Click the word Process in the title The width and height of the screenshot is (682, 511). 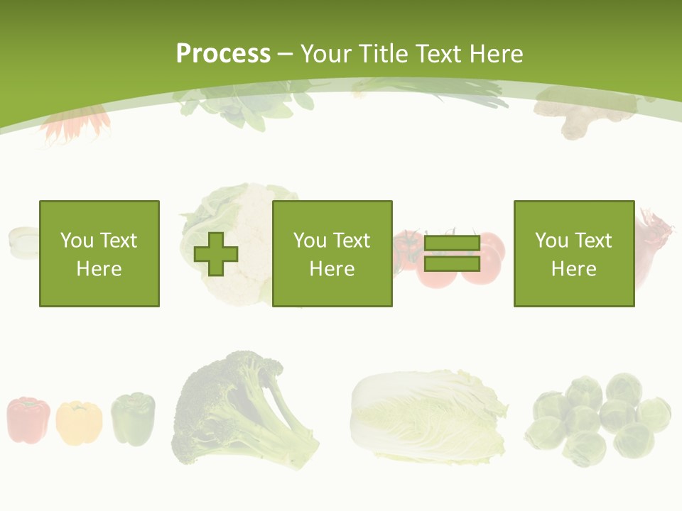[223, 54]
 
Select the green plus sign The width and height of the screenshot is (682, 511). [216, 254]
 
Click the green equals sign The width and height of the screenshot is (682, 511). [452, 254]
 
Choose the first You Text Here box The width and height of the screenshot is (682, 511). [99, 254]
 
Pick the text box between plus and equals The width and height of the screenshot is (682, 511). [332, 254]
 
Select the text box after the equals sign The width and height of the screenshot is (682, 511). [574, 254]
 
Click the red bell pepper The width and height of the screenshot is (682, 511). [28, 420]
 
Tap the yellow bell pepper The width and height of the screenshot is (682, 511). [78, 423]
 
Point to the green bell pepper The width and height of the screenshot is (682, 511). [133, 419]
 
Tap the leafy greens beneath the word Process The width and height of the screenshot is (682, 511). [234, 106]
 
